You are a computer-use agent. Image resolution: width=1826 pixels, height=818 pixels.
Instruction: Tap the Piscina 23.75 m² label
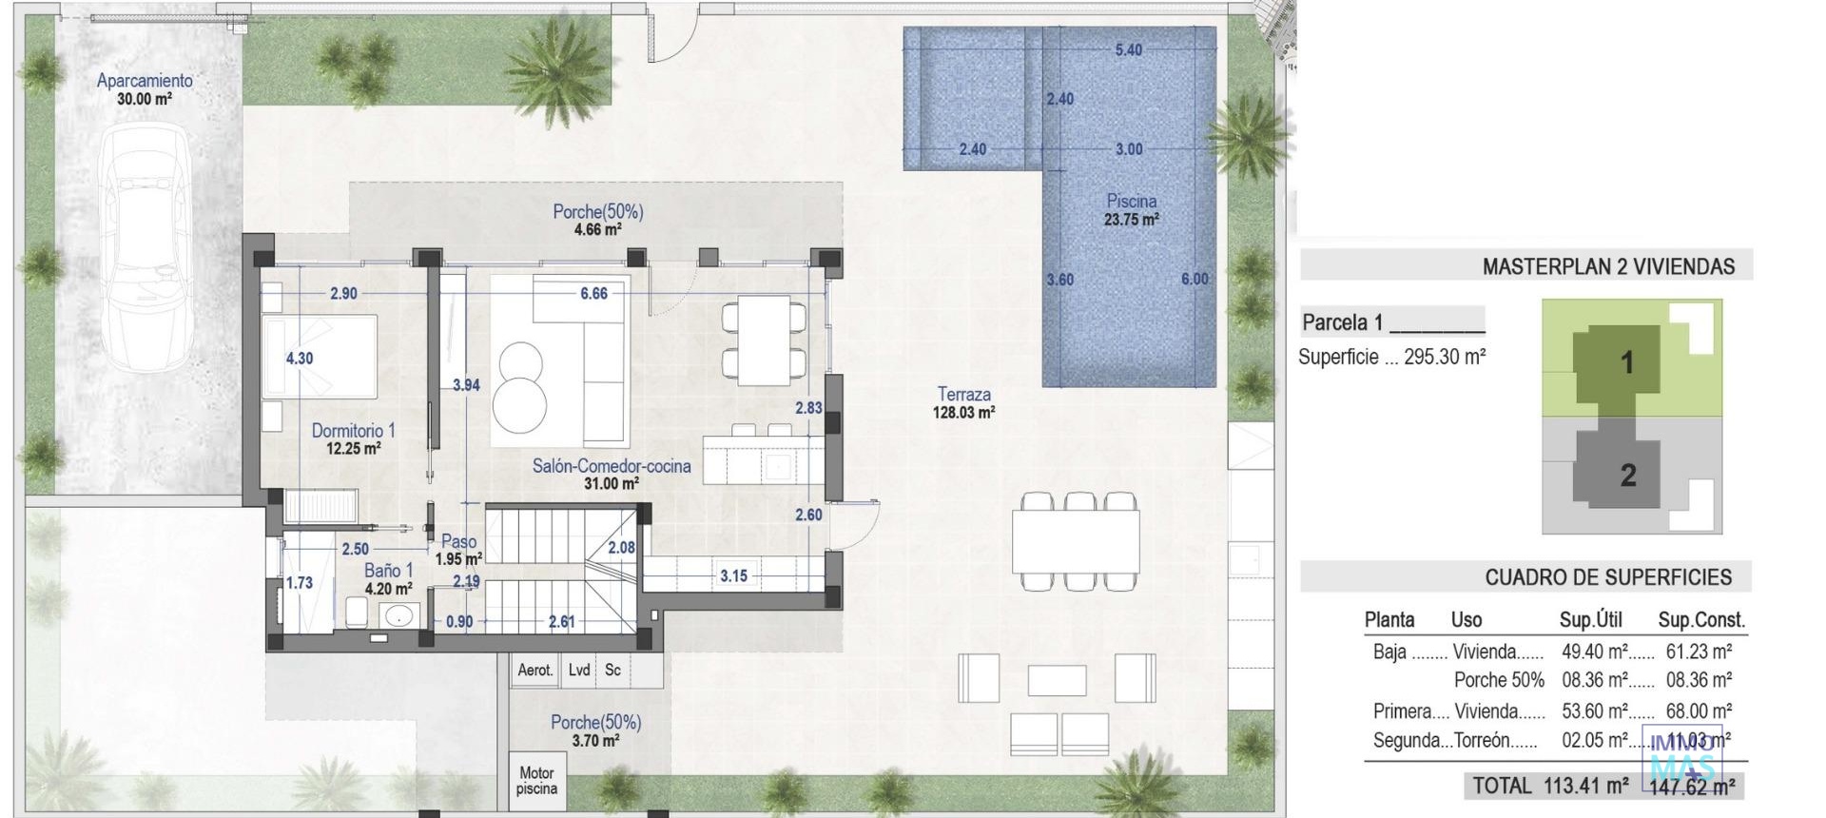(1131, 209)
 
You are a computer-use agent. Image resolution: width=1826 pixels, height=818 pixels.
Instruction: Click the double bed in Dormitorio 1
(320, 357)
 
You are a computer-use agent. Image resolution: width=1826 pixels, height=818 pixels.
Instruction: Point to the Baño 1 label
(388, 578)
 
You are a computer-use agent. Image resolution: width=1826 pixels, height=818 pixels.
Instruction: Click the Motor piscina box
(536, 781)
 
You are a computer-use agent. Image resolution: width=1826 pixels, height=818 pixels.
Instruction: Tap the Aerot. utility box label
(534, 670)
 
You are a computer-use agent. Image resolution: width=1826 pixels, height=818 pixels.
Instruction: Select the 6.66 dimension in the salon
(593, 293)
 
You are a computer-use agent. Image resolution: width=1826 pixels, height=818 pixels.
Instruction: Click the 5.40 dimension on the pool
(1128, 49)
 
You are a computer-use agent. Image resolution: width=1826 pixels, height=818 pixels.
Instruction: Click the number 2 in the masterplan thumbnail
(1627, 475)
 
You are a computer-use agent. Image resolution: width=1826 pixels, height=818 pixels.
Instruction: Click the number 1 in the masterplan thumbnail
(1626, 362)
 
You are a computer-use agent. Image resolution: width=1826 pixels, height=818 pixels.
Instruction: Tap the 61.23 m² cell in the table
(1698, 652)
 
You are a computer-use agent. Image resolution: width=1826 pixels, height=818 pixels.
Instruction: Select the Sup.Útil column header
(1590, 620)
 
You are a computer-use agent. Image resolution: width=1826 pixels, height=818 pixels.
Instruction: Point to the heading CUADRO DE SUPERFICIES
(1608, 577)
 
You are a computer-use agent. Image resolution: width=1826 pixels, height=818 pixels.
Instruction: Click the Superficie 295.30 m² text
(1391, 357)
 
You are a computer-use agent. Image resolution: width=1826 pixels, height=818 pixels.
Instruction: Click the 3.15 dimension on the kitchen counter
(733, 575)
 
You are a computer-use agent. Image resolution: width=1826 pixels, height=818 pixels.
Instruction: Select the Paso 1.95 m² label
(458, 550)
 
